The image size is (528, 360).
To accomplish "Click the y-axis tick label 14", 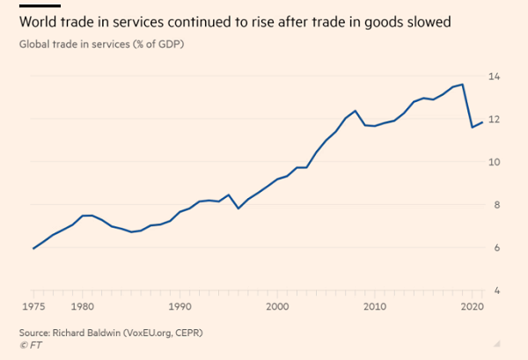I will click(495, 77).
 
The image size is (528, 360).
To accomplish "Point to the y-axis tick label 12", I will click(495, 120).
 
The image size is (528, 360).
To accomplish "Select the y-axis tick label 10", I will click(495, 163).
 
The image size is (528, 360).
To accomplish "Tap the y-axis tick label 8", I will click(496, 205).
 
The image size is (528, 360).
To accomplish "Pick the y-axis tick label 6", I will click(496, 248).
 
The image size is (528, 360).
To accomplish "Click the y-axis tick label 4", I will click(496, 291).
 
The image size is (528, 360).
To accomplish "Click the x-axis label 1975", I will click(33, 307).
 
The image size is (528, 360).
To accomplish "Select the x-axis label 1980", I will click(83, 307).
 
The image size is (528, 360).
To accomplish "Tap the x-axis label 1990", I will click(180, 307).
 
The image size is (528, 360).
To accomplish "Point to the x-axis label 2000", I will click(277, 307).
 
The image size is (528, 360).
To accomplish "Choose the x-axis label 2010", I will click(375, 307).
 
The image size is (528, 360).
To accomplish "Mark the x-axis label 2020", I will click(472, 307).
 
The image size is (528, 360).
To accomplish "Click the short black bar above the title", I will click(33, 5).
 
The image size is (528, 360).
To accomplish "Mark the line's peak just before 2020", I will click(463, 84).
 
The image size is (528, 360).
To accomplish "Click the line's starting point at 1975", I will click(33, 248).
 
